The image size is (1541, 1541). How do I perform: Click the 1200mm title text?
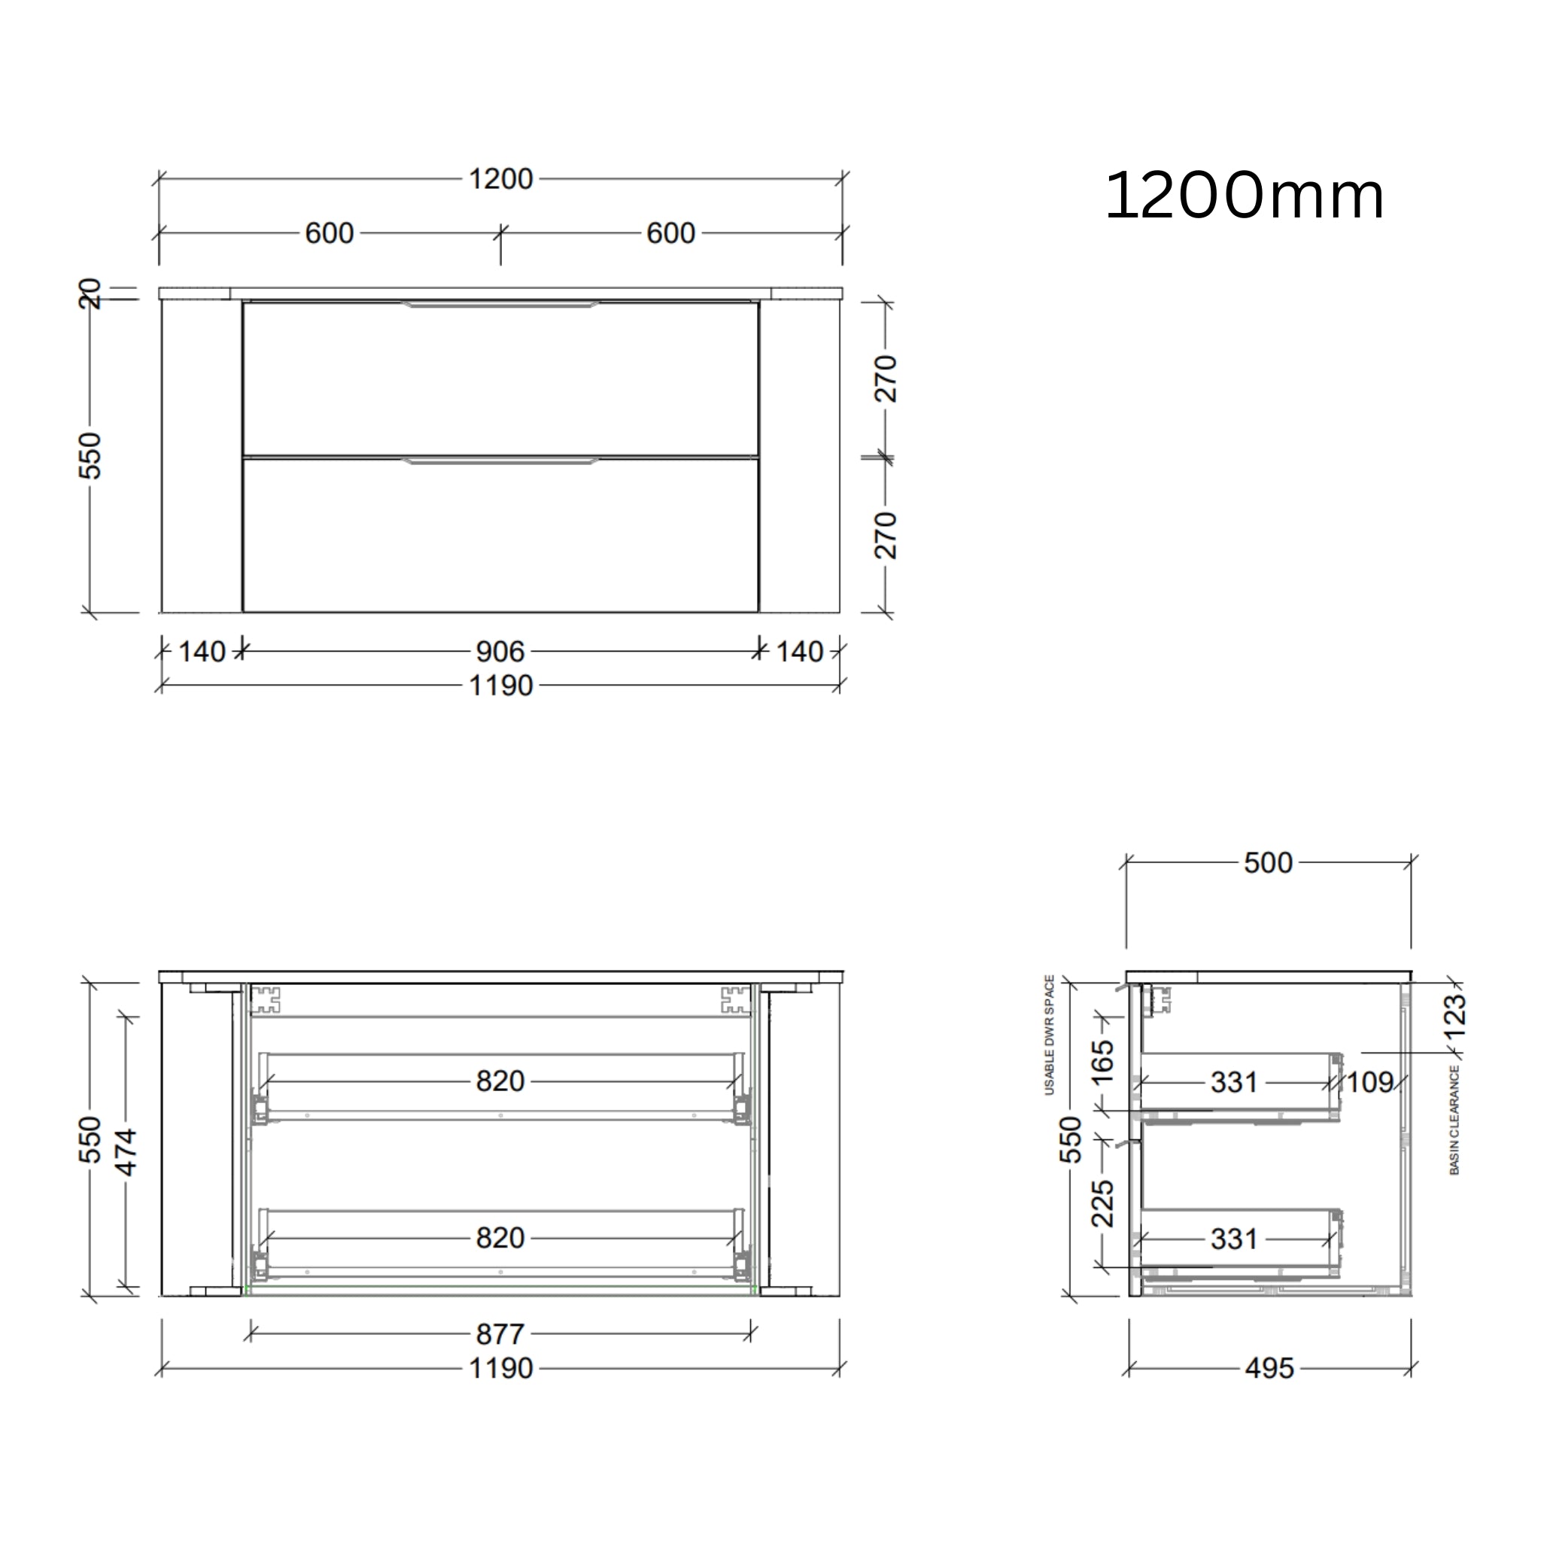point(1244,196)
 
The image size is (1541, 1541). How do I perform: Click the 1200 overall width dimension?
point(500,178)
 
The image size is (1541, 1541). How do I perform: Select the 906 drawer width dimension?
point(500,652)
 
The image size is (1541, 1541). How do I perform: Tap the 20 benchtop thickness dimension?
point(90,293)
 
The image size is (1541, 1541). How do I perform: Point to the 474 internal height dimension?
point(126,1152)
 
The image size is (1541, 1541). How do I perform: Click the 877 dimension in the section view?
point(500,1333)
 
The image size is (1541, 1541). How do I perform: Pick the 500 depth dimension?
point(1267,862)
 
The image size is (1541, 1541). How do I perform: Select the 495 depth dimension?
point(1269,1368)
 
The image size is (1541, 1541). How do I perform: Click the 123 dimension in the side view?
point(1454,1015)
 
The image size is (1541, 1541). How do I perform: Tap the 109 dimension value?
point(1369,1082)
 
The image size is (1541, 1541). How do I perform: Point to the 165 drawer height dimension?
point(1102,1062)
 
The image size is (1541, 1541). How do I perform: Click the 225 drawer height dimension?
point(1102,1204)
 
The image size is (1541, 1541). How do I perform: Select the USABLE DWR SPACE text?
point(1050,1035)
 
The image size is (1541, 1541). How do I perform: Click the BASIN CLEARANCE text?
point(1454,1120)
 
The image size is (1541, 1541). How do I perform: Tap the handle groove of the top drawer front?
point(500,304)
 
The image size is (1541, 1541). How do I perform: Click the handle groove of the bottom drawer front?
point(500,460)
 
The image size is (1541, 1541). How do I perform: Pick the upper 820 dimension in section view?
point(500,1081)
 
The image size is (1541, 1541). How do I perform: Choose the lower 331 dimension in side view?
point(1233,1239)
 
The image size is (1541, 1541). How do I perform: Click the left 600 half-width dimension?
point(330,233)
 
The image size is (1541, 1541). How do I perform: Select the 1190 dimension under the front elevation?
point(500,685)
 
